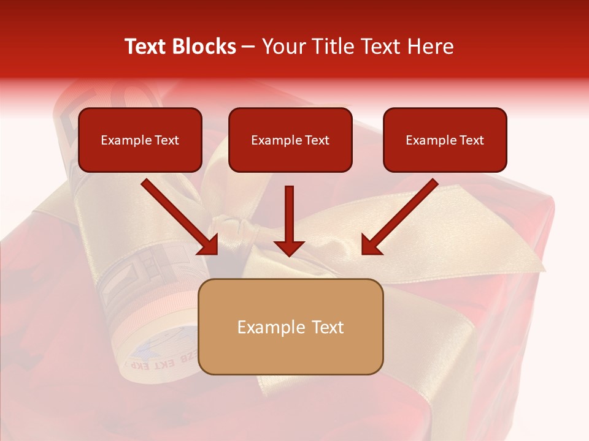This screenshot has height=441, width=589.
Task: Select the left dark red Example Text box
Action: [x=140, y=140]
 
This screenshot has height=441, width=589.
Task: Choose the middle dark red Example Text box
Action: [x=290, y=140]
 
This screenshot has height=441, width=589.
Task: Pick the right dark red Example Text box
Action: [x=445, y=140]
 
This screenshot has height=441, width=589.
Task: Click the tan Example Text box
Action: [x=291, y=326]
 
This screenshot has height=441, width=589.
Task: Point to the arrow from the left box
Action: [x=178, y=216]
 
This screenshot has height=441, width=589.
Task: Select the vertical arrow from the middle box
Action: [x=289, y=217]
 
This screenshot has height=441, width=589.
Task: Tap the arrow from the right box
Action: [x=401, y=216]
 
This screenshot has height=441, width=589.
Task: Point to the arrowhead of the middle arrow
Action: [x=289, y=247]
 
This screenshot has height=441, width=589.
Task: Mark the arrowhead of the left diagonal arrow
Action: [x=209, y=246]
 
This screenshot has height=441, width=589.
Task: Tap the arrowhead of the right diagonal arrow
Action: [x=371, y=246]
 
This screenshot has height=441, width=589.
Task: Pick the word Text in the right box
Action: [x=471, y=140]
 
